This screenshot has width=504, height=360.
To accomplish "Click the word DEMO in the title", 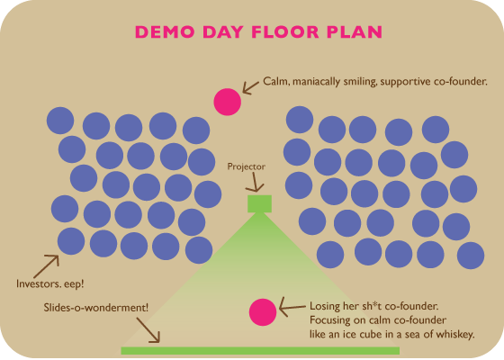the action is tap(165, 31).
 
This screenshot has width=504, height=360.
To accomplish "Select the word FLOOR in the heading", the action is tap(285, 31).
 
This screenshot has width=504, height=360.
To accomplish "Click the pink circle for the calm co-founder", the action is tap(227, 102).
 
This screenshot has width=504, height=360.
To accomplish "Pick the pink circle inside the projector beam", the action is tap(263, 312).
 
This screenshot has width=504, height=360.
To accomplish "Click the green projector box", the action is tap(259, 203).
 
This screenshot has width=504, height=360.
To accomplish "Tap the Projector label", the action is tap(247, 166).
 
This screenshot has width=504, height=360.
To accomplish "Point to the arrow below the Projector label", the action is tap(256, 183).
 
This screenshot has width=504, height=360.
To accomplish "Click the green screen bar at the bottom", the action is tap(260, 351).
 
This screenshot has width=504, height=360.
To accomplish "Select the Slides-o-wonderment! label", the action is tap(96, 308).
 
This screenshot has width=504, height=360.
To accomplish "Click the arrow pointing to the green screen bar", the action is tap(148, 330).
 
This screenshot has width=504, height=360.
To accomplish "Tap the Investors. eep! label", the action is tap(50, 283).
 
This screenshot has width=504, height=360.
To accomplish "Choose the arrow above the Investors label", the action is tap(46, 266).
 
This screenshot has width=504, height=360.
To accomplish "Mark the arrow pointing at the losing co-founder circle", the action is tap(292, 307).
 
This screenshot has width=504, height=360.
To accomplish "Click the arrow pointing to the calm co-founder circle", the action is tap(250, 88).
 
